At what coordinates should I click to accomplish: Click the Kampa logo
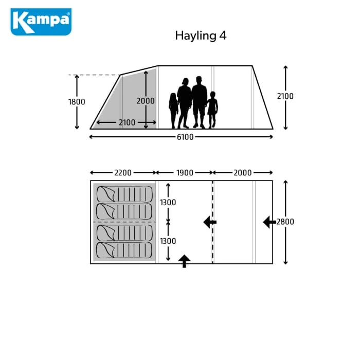41,22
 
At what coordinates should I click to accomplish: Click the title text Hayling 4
201,35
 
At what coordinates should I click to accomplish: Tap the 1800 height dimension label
77,101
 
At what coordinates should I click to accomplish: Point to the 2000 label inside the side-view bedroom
146,101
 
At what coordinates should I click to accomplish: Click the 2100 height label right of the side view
285,96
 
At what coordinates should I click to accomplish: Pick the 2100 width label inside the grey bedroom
127,122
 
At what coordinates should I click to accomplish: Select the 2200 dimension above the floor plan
123,173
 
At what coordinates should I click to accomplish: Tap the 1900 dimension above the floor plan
185,173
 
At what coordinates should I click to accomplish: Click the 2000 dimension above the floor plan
242,173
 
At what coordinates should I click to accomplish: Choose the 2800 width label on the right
285,222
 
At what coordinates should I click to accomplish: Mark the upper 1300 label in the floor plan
168,203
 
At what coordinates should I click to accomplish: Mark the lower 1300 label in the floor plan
168,241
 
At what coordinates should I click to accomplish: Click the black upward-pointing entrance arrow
184,261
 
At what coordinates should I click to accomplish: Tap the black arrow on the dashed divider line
210,222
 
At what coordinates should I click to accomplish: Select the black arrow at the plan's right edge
269,222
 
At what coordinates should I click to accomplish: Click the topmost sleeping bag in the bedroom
124,194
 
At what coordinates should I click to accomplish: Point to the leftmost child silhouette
173,110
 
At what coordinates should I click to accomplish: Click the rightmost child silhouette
212,110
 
